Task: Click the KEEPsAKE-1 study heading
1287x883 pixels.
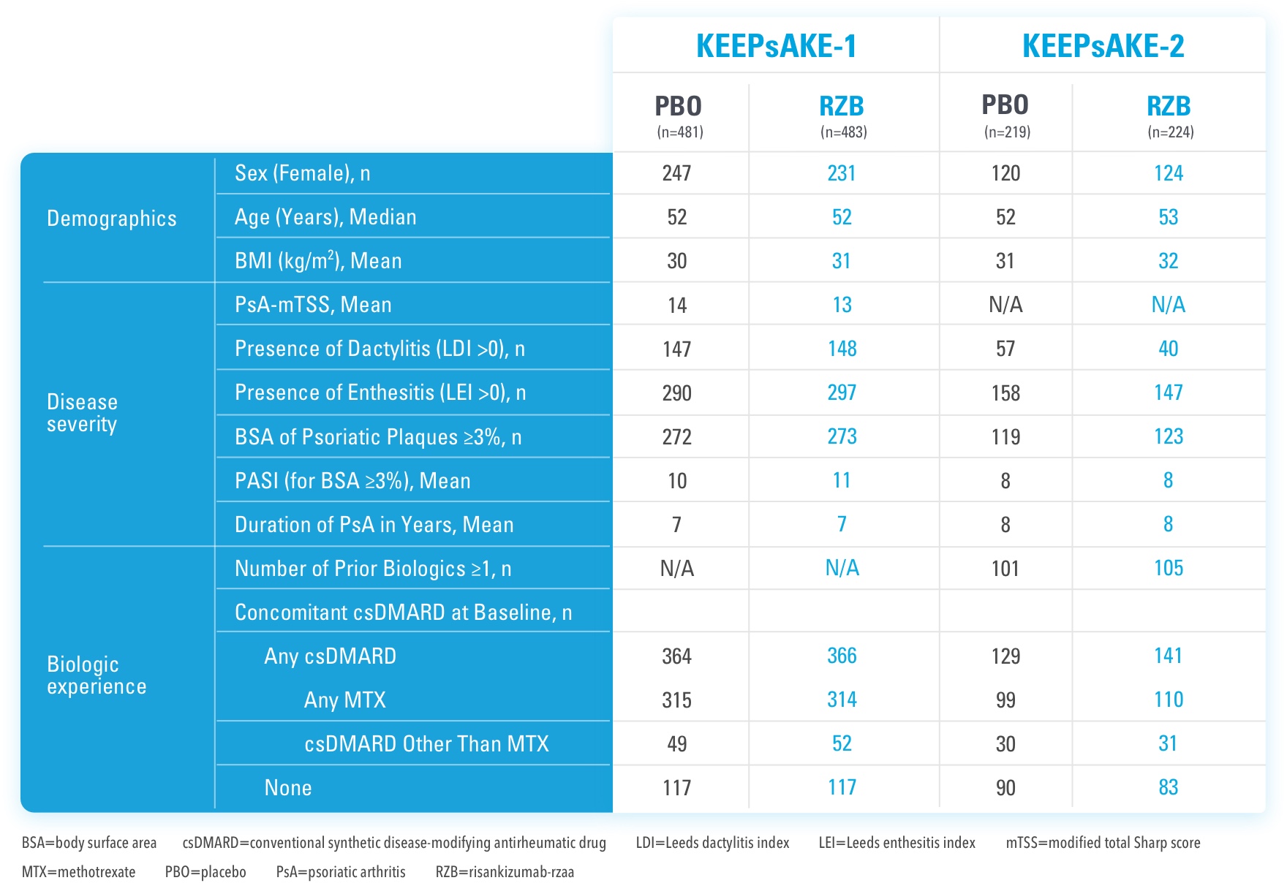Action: pos(776,46)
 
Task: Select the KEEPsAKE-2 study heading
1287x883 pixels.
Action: pos(1103,46)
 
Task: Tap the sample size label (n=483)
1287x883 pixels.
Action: pos(843,132)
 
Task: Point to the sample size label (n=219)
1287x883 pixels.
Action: pos(1007,132)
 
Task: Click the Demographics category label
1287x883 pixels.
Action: pos(112,219)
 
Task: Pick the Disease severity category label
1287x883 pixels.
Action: pos(82,413)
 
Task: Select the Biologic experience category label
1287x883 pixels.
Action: pos(97,675)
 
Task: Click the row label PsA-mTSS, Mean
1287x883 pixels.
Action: pos(313,305)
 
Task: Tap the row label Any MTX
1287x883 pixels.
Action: pos(344,700)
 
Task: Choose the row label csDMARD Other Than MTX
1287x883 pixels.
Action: pos(426,743)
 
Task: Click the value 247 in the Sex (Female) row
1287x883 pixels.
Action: pos(676,173)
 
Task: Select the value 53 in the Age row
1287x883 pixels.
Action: pos(1168,217)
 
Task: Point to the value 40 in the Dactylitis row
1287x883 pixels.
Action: pos(1168,349)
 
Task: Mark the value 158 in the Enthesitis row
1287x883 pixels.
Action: pos(1005,393)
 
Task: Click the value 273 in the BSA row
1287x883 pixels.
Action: pos(842,436)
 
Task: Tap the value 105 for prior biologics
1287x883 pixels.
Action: pos(1168,568)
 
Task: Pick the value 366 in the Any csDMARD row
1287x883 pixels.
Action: pos(842,656)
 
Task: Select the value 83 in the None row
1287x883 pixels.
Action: pos(1168,787)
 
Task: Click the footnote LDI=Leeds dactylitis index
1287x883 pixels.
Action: pos(712,843)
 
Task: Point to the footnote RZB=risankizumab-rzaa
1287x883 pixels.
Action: pos(505,872)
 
